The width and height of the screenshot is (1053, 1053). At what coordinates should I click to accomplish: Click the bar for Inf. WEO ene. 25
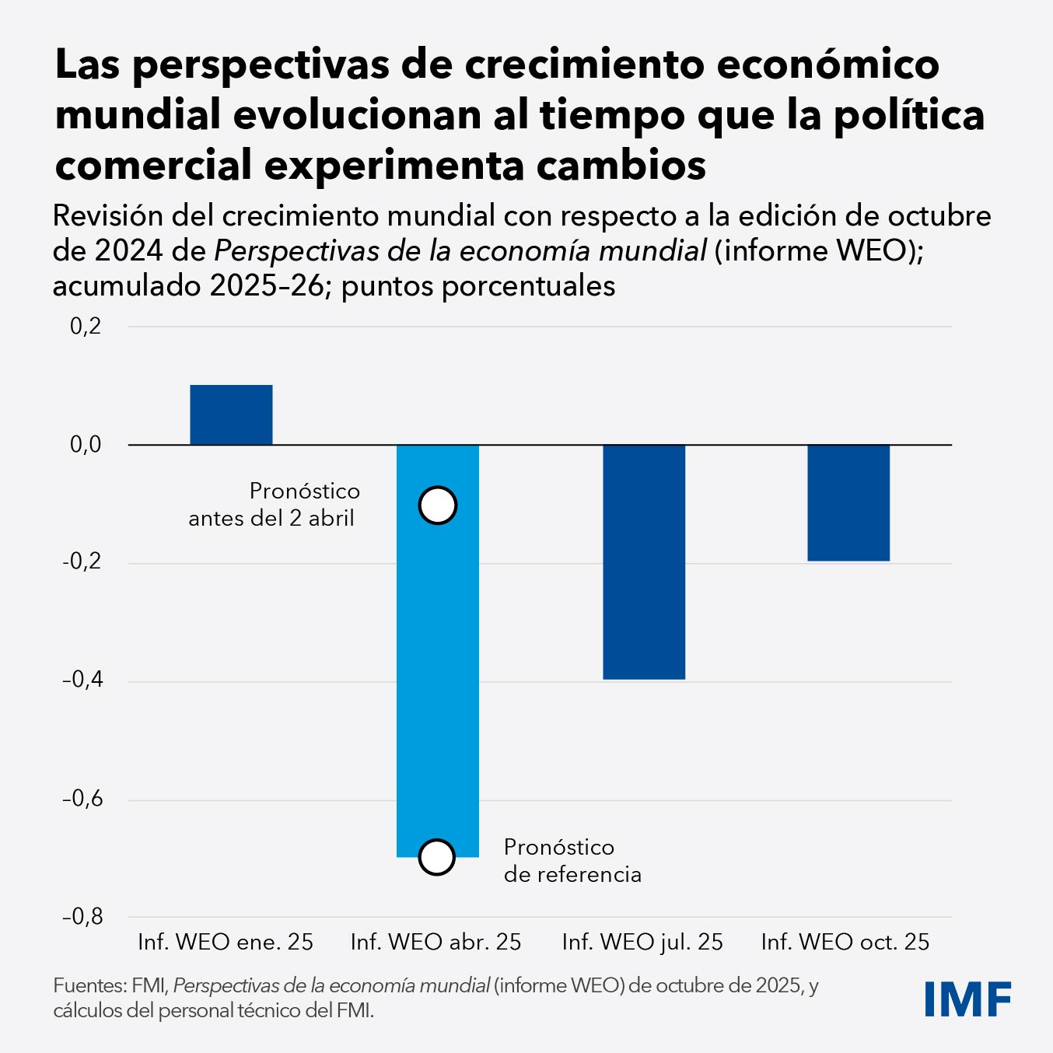click(x=231, y=415)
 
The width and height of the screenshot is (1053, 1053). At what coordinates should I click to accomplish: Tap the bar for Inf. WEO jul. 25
click(x=644, y=561)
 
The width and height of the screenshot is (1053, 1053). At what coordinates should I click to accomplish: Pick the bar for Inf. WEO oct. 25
click(x=848, y=502)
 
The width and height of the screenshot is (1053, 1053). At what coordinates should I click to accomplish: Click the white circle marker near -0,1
click(x=437, y=506)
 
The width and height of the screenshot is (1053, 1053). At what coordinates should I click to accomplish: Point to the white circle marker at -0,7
click(x=436, y=857)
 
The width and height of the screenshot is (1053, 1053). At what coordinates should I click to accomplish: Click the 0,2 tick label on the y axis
click(x=86, y=326)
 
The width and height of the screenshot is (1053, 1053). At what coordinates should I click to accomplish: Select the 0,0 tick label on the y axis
click(x=86, y=445)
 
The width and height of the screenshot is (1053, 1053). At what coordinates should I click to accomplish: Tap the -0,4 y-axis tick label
click(x=82, y=680)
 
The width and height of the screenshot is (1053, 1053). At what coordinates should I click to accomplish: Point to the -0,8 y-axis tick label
click(x=82, y=917)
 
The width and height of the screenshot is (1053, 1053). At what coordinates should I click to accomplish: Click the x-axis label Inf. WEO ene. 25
click(x=226, y=943)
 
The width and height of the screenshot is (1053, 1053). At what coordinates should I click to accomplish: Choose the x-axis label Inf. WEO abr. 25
click(x=436, y=943)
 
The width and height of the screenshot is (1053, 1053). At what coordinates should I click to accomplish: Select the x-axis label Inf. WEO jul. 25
click(x=642, y=943)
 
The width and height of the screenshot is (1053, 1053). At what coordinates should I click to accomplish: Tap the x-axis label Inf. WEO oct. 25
click(x=845, y=943)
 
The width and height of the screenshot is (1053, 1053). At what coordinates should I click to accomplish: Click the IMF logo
click(x=967, y=999)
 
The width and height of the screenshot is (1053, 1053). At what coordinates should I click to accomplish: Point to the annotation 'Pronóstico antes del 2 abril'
click(x=273, y=505)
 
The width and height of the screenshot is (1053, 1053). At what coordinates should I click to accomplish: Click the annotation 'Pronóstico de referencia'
click(x=572, y=861)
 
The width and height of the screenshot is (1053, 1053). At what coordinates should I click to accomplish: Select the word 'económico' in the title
click(x=827, y=65)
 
